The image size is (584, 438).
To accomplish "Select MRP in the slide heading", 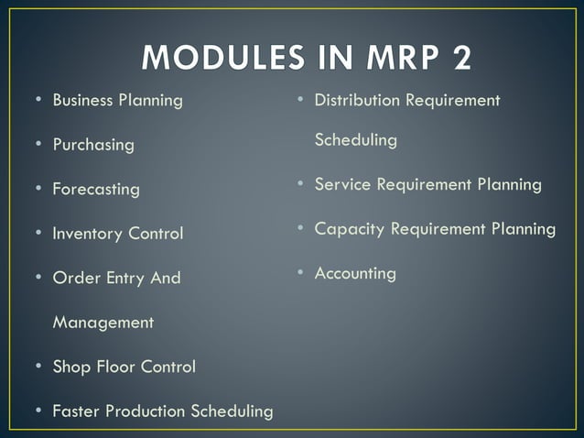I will [387, 57].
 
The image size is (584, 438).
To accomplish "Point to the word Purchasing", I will [93, 145].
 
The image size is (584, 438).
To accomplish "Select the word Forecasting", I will [96, 190].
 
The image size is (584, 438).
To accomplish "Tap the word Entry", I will [126, 278].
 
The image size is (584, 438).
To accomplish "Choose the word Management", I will [103, 323].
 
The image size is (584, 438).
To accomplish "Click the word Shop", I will [70, 367].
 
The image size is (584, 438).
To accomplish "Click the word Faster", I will [77, 411].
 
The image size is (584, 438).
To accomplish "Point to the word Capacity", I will [350, 229].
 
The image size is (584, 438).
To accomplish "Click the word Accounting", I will [355, 273].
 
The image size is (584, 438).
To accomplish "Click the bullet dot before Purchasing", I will [38, 145].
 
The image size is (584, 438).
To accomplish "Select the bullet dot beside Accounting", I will [299, 272].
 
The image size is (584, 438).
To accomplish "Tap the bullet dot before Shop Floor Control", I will [38, 367].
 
